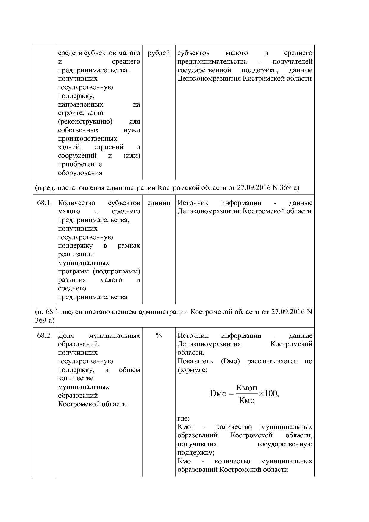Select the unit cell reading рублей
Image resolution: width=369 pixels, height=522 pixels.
159,53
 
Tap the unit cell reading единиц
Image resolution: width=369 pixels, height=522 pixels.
159,203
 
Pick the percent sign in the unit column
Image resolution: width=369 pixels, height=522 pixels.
159,336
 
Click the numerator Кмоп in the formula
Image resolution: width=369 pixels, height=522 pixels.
246,388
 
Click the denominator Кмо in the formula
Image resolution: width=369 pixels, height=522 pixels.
246,400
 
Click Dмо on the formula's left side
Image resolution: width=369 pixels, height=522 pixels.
218,393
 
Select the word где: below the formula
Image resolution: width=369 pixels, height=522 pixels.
183,418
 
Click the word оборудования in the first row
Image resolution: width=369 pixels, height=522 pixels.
80,173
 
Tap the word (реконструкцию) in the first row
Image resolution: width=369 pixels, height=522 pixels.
85,121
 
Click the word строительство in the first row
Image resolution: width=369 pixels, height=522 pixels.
81,113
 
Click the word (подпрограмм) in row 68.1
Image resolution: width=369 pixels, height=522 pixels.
116,271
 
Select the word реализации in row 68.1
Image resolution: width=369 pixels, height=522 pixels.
76,254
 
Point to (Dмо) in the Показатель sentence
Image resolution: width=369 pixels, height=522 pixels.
230,361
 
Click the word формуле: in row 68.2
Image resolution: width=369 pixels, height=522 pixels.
192,370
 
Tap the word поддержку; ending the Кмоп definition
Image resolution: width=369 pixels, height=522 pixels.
196,453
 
